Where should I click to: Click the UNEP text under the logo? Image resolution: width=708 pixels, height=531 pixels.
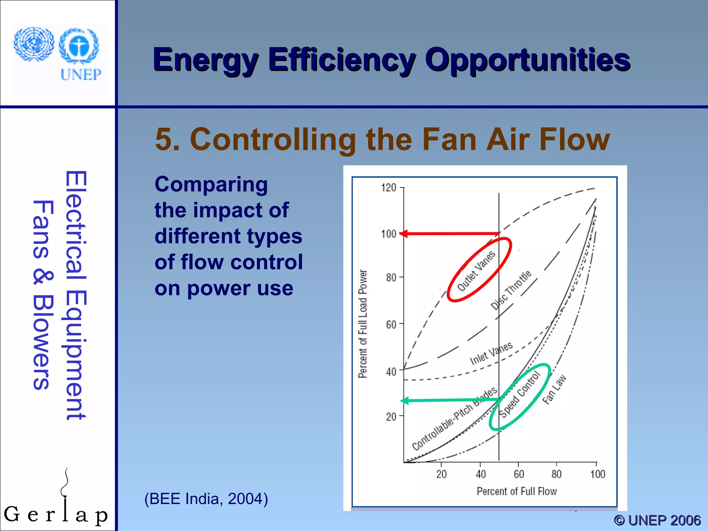81,74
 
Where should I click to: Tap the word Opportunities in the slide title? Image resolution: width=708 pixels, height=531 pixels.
528,60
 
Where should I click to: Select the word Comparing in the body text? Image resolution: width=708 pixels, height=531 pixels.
211,184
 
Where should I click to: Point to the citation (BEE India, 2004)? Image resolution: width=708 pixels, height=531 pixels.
206,499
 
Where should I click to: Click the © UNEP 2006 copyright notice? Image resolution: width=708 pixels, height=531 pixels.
657,520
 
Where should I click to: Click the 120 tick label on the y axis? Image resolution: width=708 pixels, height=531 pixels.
388,188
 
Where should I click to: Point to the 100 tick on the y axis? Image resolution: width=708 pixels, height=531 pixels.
389,234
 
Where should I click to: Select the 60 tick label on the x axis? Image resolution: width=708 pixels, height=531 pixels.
519,474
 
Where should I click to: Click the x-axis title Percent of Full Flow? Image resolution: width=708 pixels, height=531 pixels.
516,491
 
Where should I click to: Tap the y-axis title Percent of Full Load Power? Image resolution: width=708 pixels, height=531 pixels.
362,324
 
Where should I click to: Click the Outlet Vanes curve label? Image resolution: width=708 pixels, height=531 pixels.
476,271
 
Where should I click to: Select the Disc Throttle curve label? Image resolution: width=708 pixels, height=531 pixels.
511,290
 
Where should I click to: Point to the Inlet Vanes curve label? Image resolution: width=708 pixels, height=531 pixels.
491,353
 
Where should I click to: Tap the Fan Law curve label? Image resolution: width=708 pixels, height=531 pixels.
554,389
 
